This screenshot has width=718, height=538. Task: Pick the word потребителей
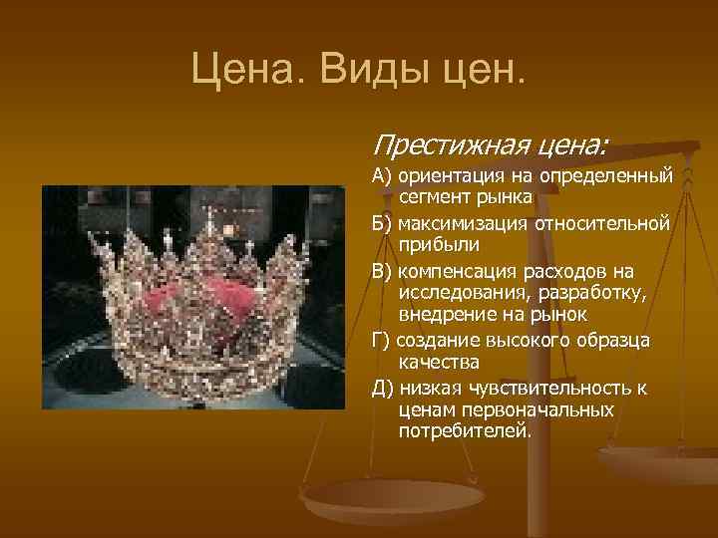pos(466,431)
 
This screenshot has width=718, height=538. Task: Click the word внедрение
pos(445,315)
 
